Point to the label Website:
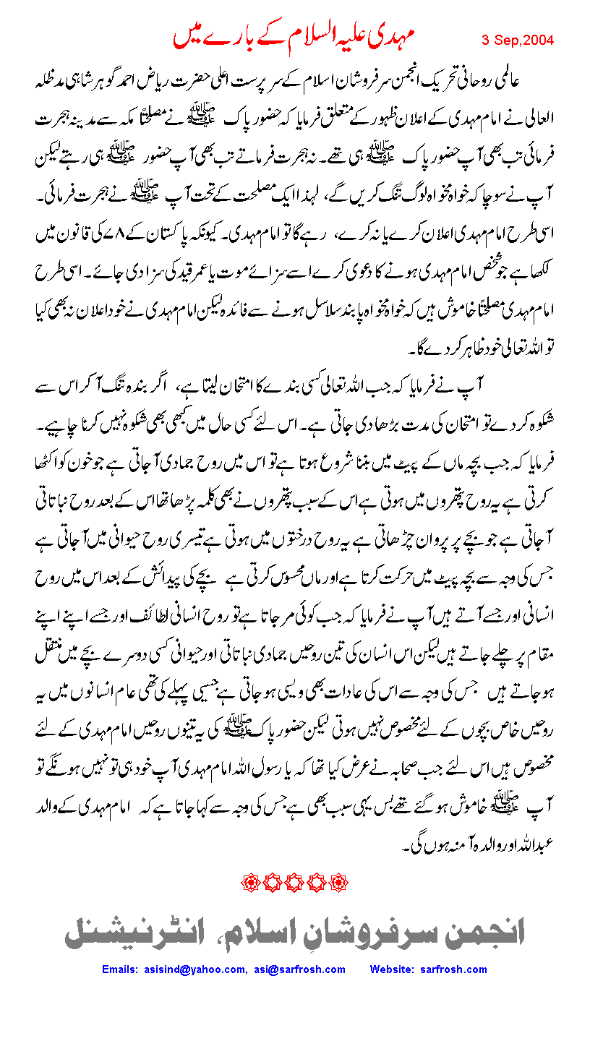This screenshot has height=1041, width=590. click(395, 969)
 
